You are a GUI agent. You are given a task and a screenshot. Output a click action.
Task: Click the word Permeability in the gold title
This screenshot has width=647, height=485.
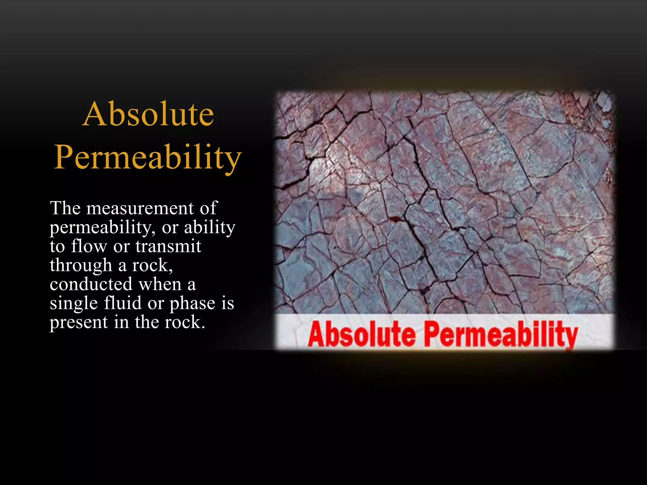(x=148, y=157)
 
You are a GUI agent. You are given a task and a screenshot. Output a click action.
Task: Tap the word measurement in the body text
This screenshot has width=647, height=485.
(x=140, y=208)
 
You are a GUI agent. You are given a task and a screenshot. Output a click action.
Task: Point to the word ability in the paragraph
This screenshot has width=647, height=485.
(x=209, y=227)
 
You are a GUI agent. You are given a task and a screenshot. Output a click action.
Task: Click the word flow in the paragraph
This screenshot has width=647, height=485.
(x=89, y=246)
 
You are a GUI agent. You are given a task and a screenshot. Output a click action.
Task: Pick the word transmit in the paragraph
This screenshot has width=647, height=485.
(x=168, y=246)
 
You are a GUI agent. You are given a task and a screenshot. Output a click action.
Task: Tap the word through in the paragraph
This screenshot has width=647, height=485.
(x=81, y=266)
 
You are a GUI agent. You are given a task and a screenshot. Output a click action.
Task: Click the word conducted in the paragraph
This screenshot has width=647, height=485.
(x=91, y=284)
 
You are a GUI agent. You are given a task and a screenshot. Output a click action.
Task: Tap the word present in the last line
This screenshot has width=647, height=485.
(x=79, y=323)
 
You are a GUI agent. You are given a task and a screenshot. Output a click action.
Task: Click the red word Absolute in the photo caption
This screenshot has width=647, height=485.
(x=361, y=334)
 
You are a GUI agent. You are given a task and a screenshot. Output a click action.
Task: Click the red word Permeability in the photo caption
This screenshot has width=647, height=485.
(x=500, y=335)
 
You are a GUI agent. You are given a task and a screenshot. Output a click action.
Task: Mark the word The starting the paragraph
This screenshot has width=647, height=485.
(x=65, y=208)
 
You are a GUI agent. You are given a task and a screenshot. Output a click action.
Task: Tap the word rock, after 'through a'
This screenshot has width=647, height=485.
(x=152, y=266)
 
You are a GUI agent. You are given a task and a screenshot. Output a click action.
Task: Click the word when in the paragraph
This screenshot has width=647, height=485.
(x=160, y=284)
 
